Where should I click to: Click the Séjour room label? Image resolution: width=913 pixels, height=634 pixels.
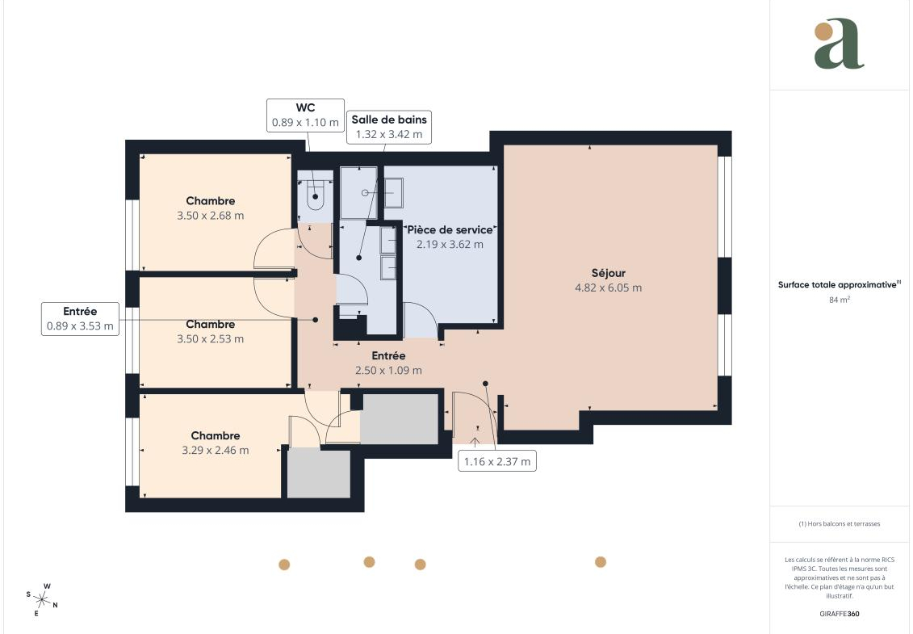(x=609, y=273)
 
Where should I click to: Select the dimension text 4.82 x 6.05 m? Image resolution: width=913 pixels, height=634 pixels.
(x=609, y=288)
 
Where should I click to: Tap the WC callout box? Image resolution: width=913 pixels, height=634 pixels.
(x=305, y=115)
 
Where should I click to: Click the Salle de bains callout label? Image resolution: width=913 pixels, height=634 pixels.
(x=389, y=120)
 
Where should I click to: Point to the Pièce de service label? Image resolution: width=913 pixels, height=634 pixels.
(x=450, y=229)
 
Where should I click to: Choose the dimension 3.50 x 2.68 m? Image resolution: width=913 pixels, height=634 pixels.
(x=210, y=216)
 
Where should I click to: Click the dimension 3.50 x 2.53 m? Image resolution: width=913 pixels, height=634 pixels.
(x=210, y=339)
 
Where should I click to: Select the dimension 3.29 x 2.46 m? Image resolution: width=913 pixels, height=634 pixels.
(x=216, y=451)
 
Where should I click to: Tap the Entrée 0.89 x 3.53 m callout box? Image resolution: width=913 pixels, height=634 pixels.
(x=81, y=319)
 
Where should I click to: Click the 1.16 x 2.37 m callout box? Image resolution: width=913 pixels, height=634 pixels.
(x=497, y=461)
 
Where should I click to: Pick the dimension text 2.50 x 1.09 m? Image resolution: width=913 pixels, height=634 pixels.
(x=388, y=370)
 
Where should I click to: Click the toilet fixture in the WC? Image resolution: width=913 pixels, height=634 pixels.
(x=316, y=195)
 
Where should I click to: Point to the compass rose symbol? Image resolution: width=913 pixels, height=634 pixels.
(x=41, y=599)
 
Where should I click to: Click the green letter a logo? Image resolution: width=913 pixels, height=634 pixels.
(x=839, y=44)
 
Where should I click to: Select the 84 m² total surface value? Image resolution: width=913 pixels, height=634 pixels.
(x=839, y=300)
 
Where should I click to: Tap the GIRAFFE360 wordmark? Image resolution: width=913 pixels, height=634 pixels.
(x=839, y=614)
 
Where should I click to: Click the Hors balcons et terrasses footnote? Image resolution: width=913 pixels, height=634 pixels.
(x=839, y=524)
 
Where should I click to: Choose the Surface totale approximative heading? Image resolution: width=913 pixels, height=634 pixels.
(x=839, y=285)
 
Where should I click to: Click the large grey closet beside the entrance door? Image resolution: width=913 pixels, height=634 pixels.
(x=400, y=419)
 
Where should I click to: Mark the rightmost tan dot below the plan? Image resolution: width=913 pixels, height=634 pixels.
(x=601, y=562)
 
